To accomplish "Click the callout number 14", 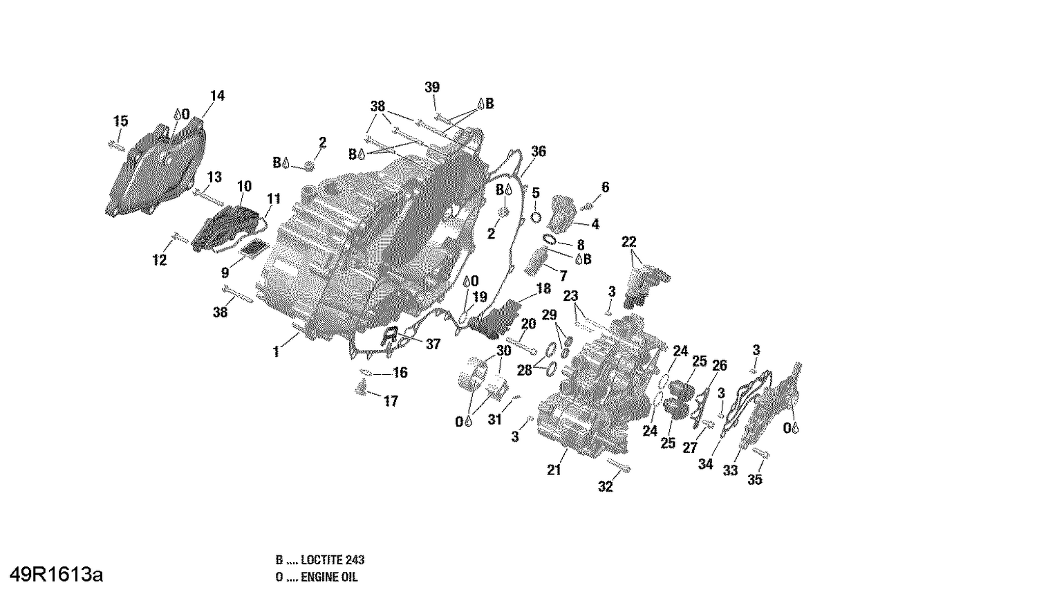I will tap(217, 96).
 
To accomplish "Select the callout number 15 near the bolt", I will tap(120, 122).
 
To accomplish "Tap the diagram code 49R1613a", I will tap(52, 575).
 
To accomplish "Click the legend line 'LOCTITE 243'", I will tap(320, 560).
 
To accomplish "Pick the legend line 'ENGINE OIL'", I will tap(317, 577).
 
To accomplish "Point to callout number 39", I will tap(432, 87).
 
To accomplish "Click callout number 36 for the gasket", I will tap(538, 151).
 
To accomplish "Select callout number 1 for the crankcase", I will tap(276, 352).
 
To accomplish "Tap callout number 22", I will tap(628, 242).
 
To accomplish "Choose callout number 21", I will tap(554, 470).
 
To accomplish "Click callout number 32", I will tap(605, 487).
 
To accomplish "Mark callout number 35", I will tap(755, 479).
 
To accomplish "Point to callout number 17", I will tap(391, 401).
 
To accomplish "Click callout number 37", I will tap(433, 344).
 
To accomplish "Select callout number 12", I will tap(160, 260).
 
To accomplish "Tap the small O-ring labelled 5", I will tap(536, 216).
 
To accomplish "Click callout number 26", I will tap(720, 366).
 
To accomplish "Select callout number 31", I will tap(494, 419).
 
